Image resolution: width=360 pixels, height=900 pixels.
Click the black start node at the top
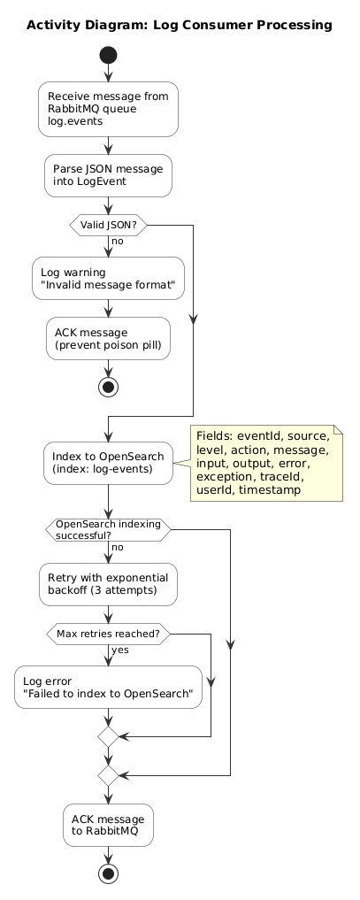pyautogui.click(x=108, y=56)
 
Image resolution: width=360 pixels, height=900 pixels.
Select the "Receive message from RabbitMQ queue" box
pyautogui.click(x=108, y=109)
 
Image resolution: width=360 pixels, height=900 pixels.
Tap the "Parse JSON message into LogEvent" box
pyautogui.click(x=108, y=175)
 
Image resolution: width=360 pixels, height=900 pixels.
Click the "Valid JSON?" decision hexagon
pyautogui.click(x=108, y=225)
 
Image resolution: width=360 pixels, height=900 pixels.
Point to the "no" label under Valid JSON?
pyautogui.click(x=117, y=241)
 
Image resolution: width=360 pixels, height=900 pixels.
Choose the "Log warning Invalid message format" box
pyautogui.click(x=108, y=279)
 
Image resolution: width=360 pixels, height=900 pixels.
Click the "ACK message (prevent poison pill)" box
pyautogui.click(x=108, y=339)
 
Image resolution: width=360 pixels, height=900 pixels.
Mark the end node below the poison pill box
pyautogui.click(x=108, y=388)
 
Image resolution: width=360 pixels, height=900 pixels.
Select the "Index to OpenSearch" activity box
pyautogui.click(x=108, y=463)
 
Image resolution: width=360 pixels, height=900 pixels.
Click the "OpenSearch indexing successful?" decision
pyautogui.click(x=108, y=530)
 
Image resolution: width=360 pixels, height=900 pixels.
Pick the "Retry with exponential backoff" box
pyautogui.click(x=108, y=584)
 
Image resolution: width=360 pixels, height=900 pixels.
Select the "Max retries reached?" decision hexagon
pyautogui.click(x=108, y=635)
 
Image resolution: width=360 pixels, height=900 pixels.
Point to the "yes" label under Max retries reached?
pyautogui.click(x=119, y=650)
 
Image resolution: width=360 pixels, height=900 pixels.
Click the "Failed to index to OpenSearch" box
pyautogui.click(x=108, y=687)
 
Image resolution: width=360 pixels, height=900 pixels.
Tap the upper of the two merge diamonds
pyautogui.click(x=108, y=736)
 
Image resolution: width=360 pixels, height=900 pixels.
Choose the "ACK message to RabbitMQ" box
pyautogui.click(x=108, y=826)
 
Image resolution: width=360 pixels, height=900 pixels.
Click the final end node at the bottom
pyautogui.click(x=108, y=874)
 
